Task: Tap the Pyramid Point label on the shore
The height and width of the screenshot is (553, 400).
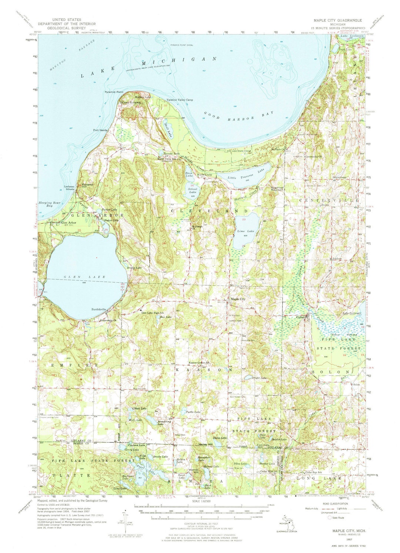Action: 114,92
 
